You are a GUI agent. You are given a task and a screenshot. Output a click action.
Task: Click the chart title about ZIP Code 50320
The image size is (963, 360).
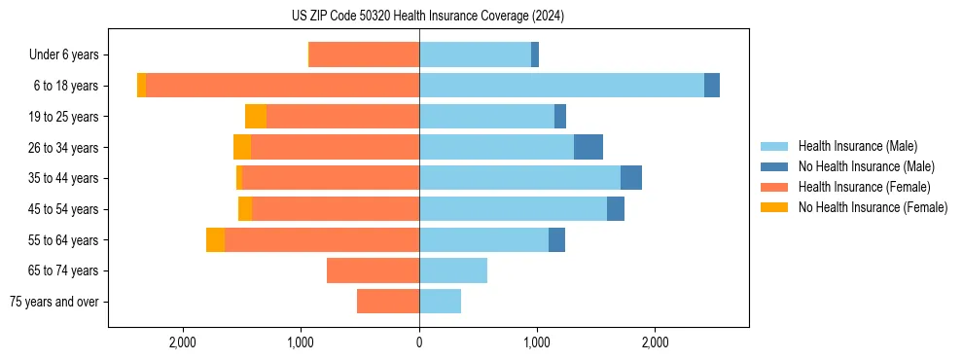[427, 16]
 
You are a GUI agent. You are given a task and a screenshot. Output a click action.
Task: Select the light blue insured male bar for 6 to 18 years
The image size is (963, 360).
[561, 86]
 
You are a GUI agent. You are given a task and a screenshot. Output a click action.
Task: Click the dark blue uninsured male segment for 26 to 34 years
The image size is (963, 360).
[588, 147]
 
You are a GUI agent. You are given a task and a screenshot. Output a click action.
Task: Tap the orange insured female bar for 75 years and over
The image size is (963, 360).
[388, 302]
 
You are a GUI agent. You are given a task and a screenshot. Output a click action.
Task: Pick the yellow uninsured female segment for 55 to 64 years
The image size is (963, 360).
[215, 240]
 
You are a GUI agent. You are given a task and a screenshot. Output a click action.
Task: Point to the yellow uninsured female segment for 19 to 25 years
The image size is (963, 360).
[256, 117]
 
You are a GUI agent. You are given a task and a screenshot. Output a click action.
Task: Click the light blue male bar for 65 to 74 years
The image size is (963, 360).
[453, 270]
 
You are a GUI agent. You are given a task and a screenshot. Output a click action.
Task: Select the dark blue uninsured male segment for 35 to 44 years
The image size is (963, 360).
[631, 178]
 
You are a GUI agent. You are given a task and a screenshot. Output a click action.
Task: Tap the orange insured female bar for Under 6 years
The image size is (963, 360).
[364, 54]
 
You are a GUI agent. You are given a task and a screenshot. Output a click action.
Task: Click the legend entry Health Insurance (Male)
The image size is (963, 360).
[852, 146]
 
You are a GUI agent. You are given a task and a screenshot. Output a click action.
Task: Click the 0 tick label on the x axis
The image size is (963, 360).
[419, 342]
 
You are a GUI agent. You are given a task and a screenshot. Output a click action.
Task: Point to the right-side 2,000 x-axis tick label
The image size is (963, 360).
[655, 342]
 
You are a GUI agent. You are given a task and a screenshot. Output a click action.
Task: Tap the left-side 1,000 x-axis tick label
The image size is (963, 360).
[301, 342]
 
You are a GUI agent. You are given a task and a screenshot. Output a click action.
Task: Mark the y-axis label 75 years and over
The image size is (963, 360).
[54, 302]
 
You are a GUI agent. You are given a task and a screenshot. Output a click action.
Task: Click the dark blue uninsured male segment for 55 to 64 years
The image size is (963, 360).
[556, 240]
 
